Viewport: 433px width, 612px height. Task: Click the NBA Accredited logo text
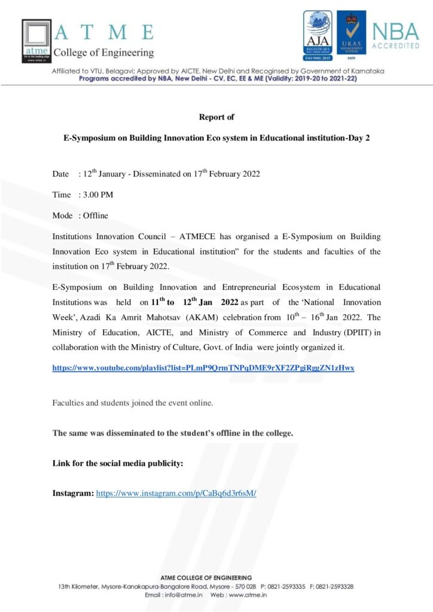click(x=395, y=35)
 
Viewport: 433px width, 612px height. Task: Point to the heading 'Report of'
click(x=216, y=117)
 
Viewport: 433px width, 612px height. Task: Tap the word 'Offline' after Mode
click(x=96, y=215)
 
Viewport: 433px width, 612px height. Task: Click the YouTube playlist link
click(x=203, y=368)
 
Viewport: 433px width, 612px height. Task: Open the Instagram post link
click(x=176, y=494)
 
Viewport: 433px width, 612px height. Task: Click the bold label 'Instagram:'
click(x=73, y=494)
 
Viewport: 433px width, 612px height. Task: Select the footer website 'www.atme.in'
click(x=246, y=595)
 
